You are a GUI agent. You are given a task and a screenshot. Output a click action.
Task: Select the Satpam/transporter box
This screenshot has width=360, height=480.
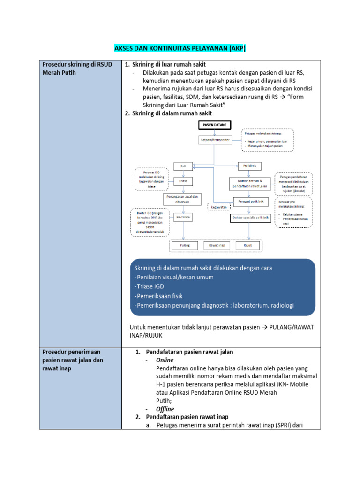point(214,140)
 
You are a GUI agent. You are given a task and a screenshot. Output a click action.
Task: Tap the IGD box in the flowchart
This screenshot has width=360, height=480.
point(183,166)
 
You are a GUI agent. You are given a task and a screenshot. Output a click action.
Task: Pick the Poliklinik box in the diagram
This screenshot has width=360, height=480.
point(249,166)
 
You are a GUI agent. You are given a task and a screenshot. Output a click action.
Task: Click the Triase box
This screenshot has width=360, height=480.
point(183,180)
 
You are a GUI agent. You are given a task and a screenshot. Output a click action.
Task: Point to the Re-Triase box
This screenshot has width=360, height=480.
point(183,217)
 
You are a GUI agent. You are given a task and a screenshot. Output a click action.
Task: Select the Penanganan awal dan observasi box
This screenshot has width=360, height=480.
point(183,199)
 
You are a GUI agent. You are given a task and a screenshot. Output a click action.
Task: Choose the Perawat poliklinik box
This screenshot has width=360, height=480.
point(251,202)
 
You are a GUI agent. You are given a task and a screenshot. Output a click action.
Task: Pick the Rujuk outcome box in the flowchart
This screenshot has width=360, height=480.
point(248,245)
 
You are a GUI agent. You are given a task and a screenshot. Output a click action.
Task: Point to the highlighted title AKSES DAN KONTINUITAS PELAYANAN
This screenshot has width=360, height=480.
point(180,49)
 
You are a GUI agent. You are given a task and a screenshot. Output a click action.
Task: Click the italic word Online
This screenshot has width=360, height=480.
point(165,360)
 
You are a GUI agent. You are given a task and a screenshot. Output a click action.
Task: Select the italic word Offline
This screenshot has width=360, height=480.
point(165,409)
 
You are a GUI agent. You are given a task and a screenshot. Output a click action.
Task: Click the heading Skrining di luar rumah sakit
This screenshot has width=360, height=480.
point(169,64)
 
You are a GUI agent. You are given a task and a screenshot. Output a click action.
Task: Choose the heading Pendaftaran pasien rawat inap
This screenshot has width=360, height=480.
point(187,417)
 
